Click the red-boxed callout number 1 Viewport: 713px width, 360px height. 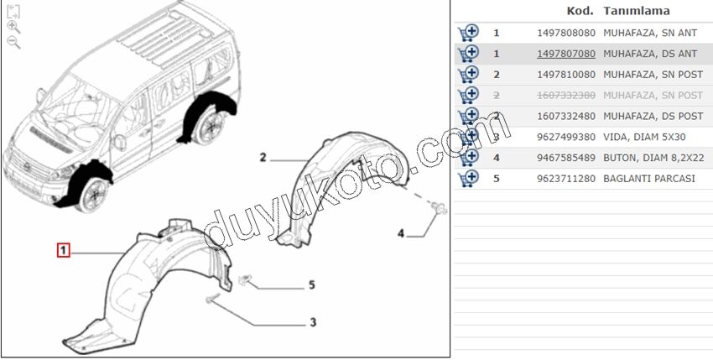click(x=63, y=250)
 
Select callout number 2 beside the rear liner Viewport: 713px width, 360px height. click(x=263, y=158)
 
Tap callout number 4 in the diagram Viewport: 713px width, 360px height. click(x=401, y=233)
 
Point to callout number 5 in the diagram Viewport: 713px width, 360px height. click(x=311, y=285)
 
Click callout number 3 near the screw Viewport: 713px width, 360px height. click(x=313, y=323)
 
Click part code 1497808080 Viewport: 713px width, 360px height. click(x=566, y=33)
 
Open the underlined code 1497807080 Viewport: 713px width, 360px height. click(x=566, y=54)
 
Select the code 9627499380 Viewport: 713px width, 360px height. click(x=566, y=137)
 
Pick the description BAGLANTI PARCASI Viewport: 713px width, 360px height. click(x=649, y=179)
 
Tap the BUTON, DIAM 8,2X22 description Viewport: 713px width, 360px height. click(x=653, y=158)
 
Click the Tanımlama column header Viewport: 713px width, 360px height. click(x=636, y=11)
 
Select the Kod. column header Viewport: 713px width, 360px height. click(x=580, y=11)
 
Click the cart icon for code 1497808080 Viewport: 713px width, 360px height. click(x=468, y=34)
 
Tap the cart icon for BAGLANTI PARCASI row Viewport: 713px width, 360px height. click(x=468, y=179)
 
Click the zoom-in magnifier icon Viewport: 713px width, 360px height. click(x=13, y=27)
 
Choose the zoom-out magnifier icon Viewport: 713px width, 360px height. click(x=13, y=42)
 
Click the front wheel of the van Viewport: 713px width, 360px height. click(x=93, y=193)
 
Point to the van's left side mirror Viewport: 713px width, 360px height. click(x=120, y=142)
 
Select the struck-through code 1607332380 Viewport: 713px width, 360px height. click(x=566, y=96)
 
